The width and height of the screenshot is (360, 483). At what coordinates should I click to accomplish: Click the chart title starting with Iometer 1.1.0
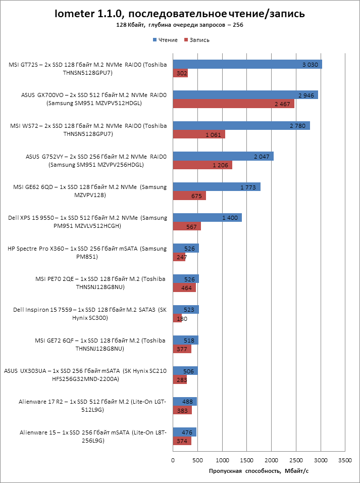180,14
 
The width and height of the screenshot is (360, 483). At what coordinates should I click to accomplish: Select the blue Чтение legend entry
165,40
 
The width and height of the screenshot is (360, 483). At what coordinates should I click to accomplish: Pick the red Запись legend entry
196,40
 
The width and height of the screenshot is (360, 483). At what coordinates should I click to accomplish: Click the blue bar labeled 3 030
247,64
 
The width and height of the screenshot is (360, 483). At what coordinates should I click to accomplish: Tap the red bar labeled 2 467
233,104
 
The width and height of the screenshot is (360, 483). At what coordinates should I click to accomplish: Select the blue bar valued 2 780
241,125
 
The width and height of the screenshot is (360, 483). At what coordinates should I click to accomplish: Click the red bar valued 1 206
202,165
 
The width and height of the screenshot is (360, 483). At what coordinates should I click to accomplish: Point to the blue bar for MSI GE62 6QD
217,187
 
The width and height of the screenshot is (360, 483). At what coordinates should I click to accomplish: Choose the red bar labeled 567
187,226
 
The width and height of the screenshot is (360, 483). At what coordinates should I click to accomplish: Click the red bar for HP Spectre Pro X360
179,257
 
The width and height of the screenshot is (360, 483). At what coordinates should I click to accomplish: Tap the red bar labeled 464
184,287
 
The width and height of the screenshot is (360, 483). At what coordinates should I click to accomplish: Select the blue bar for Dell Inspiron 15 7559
186,309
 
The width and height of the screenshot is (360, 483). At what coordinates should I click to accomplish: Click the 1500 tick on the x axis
247,461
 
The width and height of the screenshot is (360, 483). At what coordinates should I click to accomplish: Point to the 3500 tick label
345,461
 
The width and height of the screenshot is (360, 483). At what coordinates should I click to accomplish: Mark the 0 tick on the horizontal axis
173,461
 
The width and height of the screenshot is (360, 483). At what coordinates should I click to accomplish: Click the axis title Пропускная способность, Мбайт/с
258,471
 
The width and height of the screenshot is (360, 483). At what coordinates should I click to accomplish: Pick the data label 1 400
230,218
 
